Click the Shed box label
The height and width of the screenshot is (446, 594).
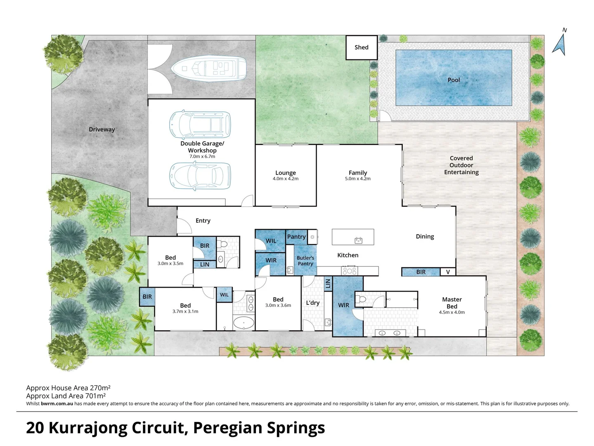tap(361, 47)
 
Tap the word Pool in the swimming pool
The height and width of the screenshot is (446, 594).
tap(454, 80)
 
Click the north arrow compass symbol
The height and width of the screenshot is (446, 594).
tap(559, 43)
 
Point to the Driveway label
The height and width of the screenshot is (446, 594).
tap(102, 129)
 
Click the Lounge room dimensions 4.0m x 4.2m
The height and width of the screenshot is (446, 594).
tap(285, 179)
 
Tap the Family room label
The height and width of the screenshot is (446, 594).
tap(357, 173)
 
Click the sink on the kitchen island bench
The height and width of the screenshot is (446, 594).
tap(358, 240)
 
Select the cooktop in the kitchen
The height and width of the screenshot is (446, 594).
tap(350, 271)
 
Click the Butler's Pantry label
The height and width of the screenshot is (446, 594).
tap(305, 261)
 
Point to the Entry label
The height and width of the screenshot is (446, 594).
tap(203, 221)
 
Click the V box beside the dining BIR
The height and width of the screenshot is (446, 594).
tap(448, 272)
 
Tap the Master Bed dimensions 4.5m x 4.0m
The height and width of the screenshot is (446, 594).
tap(452, 312)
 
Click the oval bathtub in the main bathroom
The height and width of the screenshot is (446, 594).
tap(244, 322)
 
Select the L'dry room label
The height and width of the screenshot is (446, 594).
tap(312, 303)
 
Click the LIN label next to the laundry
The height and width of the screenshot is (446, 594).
tap(328, 283)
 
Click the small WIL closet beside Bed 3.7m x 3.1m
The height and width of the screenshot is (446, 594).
tap(224, 295)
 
